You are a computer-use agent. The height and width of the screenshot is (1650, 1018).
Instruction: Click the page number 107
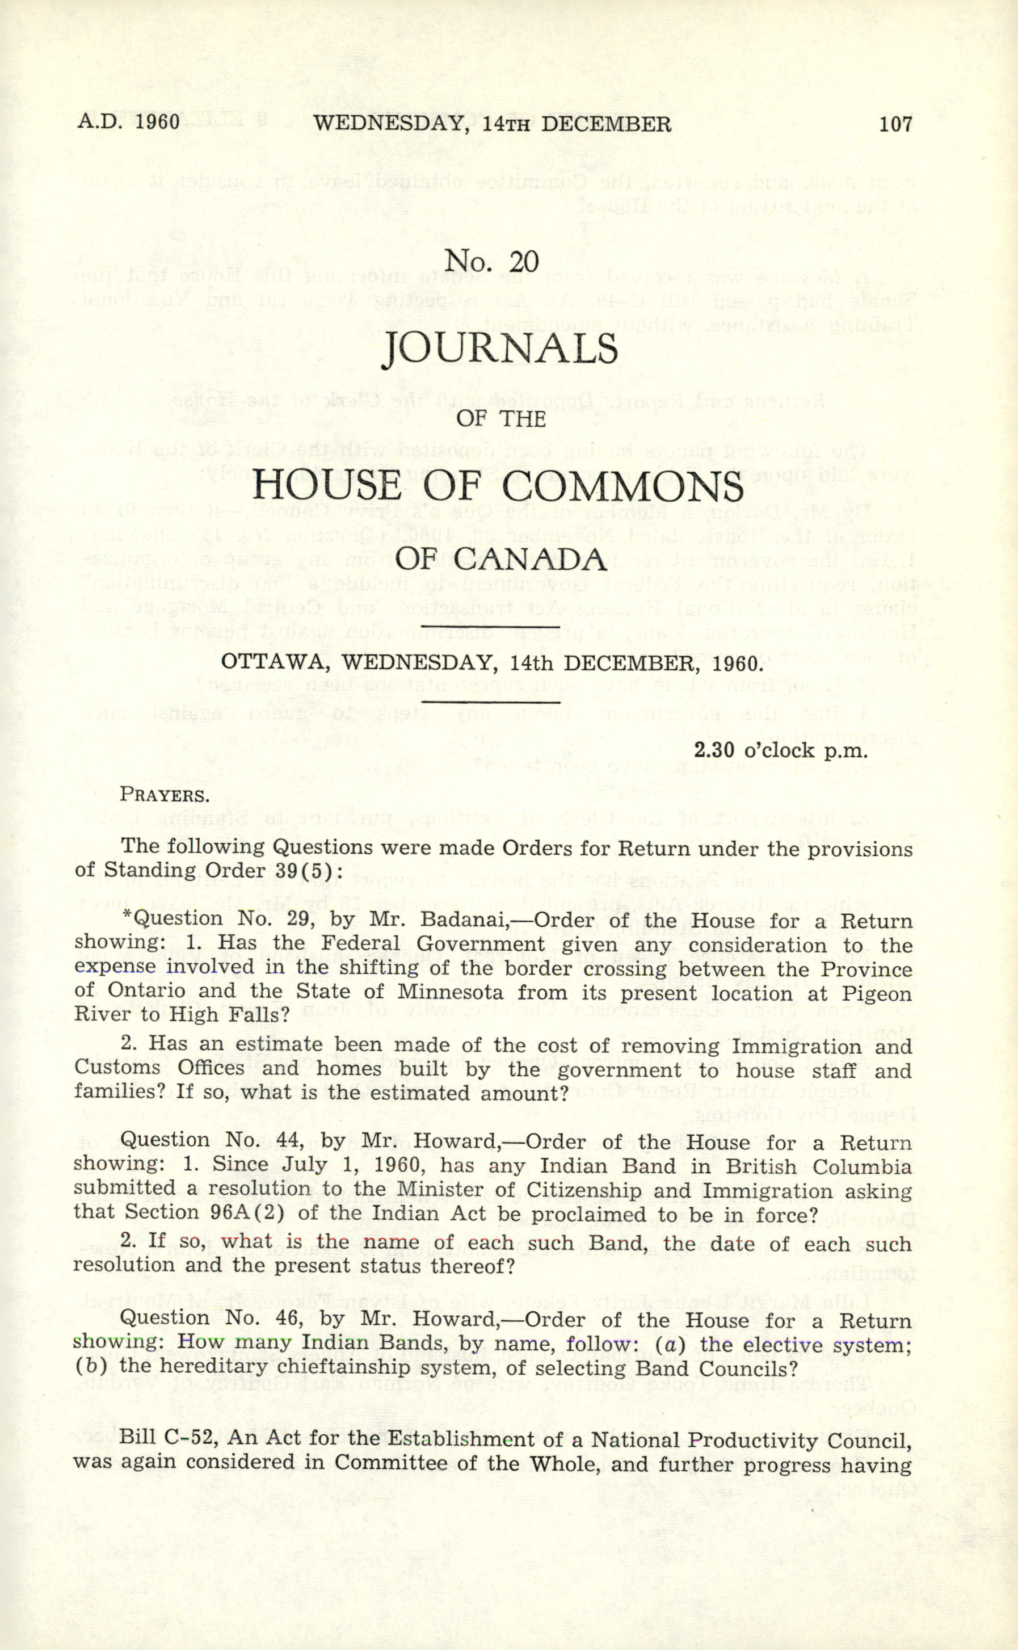click(895, 123)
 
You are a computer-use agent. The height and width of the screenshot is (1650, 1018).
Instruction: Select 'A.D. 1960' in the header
click(129, 122)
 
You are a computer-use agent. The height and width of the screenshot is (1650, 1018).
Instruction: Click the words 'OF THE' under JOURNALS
click(501, 419)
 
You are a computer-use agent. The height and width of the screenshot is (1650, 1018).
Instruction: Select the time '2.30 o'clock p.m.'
click(780, 750)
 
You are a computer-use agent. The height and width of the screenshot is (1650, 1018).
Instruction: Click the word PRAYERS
click(165, 795)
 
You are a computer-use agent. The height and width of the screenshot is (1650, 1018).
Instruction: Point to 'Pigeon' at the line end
click(877, 993)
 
